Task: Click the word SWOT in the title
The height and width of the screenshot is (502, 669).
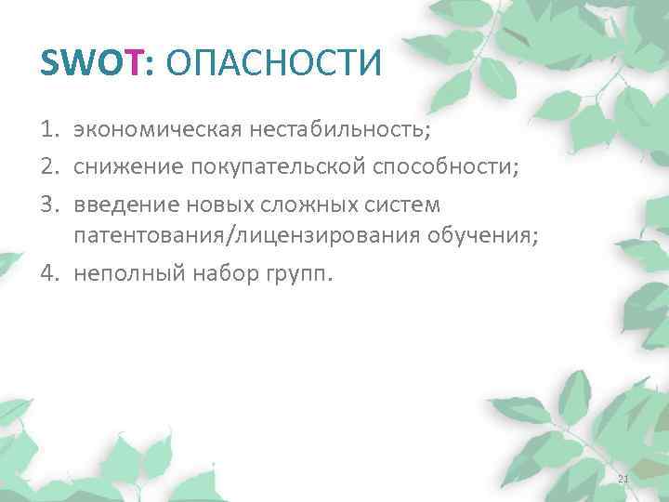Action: [91, 64]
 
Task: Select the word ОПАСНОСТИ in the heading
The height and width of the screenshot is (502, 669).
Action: [270, 64]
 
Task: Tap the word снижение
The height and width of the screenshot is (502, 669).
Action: [127, 165]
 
